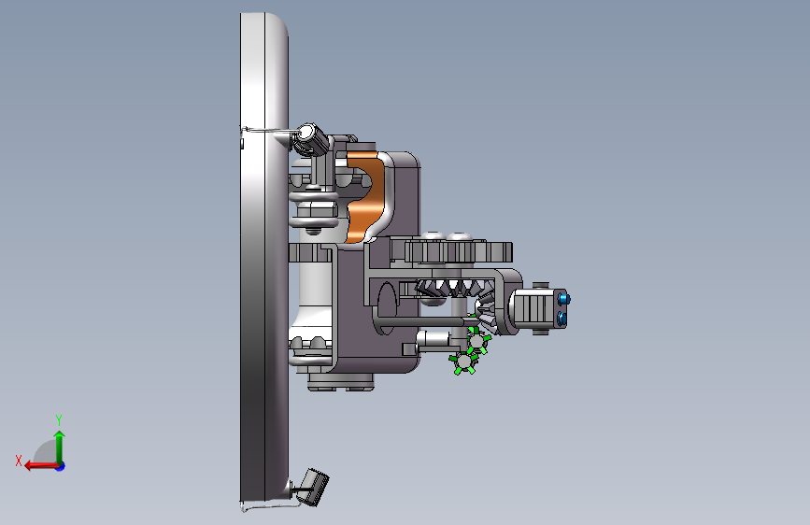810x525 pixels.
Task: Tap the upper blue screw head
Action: (x=563, y=299)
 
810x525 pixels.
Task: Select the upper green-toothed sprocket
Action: (x=477, y=339)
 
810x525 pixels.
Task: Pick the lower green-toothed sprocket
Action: (x=463, y=362)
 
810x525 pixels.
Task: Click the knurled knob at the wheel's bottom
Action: (x=315, y=487)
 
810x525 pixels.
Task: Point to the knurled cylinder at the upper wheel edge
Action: (x=312, y=139)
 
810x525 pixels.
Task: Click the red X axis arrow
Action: (x=41, y=466)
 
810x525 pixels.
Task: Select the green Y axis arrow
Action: (x=60, y=447)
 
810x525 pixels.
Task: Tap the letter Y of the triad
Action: (x=59, y=419)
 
